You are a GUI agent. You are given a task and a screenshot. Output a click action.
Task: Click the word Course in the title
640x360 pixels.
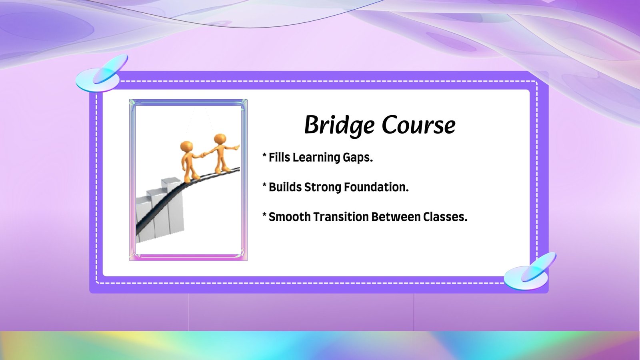coord(418,126)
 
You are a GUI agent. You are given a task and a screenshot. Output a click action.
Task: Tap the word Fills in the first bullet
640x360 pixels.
coord(280,157)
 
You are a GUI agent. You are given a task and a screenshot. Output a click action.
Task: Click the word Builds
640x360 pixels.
coord(285,187)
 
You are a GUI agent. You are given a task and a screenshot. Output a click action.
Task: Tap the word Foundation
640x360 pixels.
coord(376,187)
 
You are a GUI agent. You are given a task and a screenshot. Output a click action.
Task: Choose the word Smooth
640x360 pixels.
coord(290,216)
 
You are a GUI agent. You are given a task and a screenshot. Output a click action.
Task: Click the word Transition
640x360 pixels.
coord(341,216)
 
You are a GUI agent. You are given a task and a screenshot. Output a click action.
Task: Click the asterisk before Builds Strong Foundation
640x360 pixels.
coord(264,185)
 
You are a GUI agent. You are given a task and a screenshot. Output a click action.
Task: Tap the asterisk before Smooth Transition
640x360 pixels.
coord(264,214)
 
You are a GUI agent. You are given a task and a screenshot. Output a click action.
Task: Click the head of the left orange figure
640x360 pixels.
coord(186,146)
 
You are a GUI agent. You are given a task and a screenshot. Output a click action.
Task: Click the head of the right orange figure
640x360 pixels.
coord(220,140)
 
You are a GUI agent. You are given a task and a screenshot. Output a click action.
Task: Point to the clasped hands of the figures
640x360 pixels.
coord(204,154)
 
